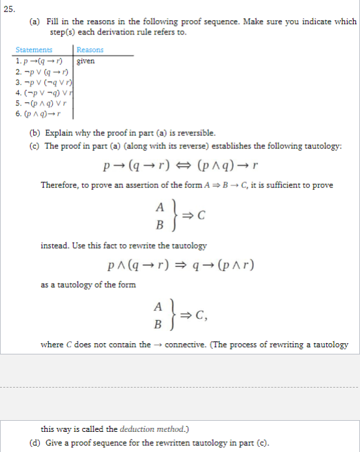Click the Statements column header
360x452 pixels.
33,49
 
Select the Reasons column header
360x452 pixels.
90,49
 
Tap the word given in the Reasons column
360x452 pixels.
86,61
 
